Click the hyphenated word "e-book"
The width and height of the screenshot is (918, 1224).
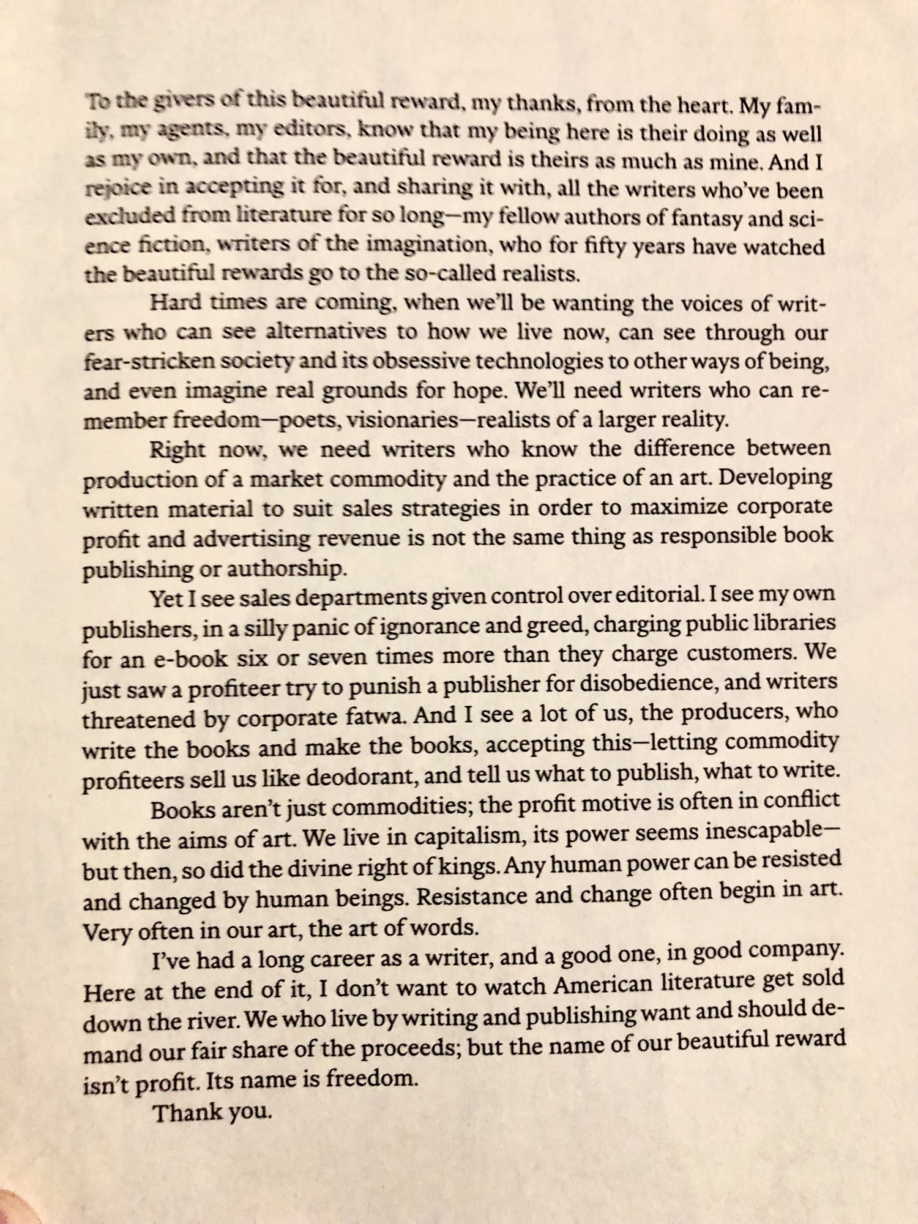177,659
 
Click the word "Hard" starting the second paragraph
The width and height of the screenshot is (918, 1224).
174,303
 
